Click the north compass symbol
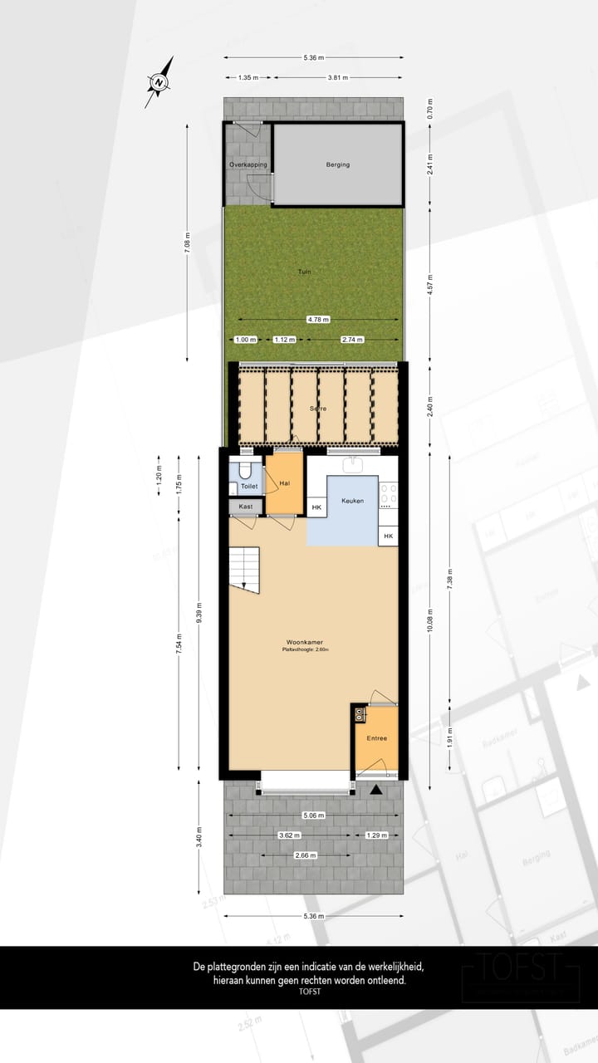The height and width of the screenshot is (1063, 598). tap(159, 81)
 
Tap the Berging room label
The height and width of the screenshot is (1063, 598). tap(337, 164)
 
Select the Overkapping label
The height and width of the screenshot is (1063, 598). tap(248, 164)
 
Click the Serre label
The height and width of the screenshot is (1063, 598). tap(317, 409)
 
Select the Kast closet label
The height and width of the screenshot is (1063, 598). tap(245, 507)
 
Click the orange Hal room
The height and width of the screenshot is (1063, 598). tap(284, 485)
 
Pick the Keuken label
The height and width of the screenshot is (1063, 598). tap(353, 501)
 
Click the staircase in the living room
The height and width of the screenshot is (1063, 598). tap(244, 569)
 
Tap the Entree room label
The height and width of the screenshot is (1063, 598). tap(377, 737)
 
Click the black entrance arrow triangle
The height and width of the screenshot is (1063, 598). tap(377, 790)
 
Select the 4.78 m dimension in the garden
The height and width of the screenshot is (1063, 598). tap(317, 319)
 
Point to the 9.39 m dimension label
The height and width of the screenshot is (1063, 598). tap(199, 615)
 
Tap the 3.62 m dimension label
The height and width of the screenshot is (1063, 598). tap(289, 835)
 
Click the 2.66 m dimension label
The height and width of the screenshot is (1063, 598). tap(306, 855)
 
